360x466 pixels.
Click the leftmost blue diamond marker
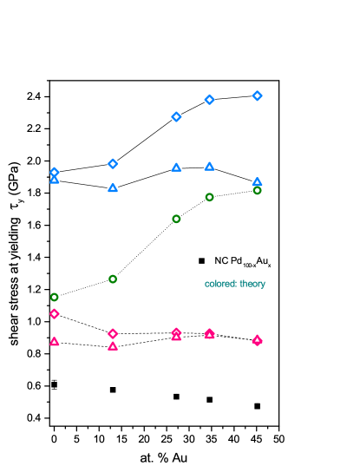click(55, 172)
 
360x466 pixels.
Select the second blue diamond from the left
click(113, 164)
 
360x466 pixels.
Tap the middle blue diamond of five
click(176, 116)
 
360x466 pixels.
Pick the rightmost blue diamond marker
click(257, 95)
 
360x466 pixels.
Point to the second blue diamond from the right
click(209, 100)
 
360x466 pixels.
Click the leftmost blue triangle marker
click(55, 180)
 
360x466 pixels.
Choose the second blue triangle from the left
click(113, 187)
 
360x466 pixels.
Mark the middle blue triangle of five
click(176, 167)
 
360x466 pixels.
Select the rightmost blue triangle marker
click(257, 181)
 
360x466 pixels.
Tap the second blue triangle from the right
click(209, 166)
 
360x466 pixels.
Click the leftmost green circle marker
click(55, 297)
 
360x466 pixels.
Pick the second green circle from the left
click(113, 279)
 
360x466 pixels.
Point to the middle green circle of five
click(176, 219)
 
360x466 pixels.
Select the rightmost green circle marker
click(257, 190)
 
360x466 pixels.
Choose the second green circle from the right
click(209, 197)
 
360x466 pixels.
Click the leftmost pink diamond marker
click(55, 313)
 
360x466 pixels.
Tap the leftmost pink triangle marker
click(55, 342)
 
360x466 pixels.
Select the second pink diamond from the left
click(113, 333)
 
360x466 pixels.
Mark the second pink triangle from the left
click(113, 346)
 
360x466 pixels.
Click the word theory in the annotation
click(252, 284)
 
